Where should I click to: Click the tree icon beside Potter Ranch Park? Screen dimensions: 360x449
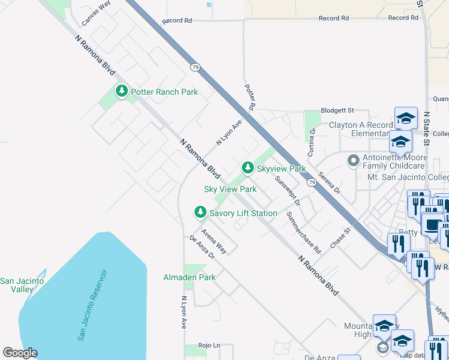(x=122, y=91)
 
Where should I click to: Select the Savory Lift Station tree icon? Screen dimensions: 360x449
(x=200, y=212)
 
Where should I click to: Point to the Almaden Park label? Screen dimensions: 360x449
(x=189, y=277)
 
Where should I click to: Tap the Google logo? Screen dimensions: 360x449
(x=20, y=353)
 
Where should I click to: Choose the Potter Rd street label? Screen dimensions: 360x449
(x=250, y=97)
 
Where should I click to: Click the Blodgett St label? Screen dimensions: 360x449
(x=337, y=111)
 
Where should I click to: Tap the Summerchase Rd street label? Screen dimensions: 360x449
(x=304, y=232)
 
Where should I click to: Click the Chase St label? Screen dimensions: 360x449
(x=340, y=238)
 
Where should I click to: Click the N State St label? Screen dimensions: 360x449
(x=427, y=128)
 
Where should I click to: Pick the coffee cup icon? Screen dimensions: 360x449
(x=432, y=225)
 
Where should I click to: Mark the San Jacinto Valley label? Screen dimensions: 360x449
(x=17, y=285)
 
